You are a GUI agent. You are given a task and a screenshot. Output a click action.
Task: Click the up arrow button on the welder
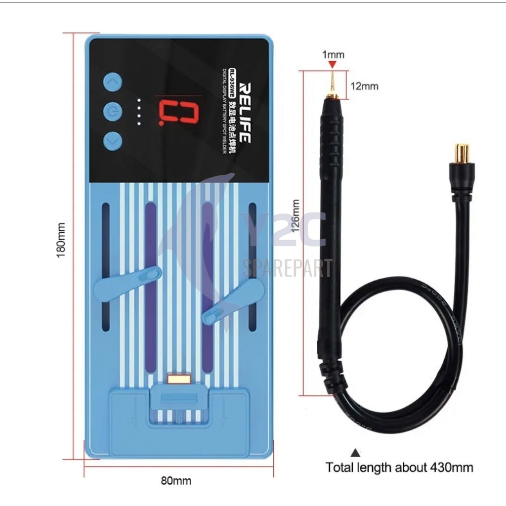(113, 83)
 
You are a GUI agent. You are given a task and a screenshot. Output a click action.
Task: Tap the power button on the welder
(113, 112)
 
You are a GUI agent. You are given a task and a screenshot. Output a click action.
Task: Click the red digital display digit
(177, 111)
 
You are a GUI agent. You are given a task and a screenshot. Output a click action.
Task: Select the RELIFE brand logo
(243, 113)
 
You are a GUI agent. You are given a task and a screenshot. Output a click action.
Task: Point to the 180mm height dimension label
(62, 246)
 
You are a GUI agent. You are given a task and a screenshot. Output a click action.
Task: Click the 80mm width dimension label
(176, 480)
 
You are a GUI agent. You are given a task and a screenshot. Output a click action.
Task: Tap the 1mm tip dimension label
(333, 54)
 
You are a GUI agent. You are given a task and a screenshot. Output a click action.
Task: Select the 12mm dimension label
(364, 86)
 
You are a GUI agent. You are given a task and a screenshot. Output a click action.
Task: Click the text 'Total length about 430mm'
(399, 467)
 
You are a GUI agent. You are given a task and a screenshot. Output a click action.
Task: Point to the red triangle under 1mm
(333, 65)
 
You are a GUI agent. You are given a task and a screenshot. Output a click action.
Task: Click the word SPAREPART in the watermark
(288, 268)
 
